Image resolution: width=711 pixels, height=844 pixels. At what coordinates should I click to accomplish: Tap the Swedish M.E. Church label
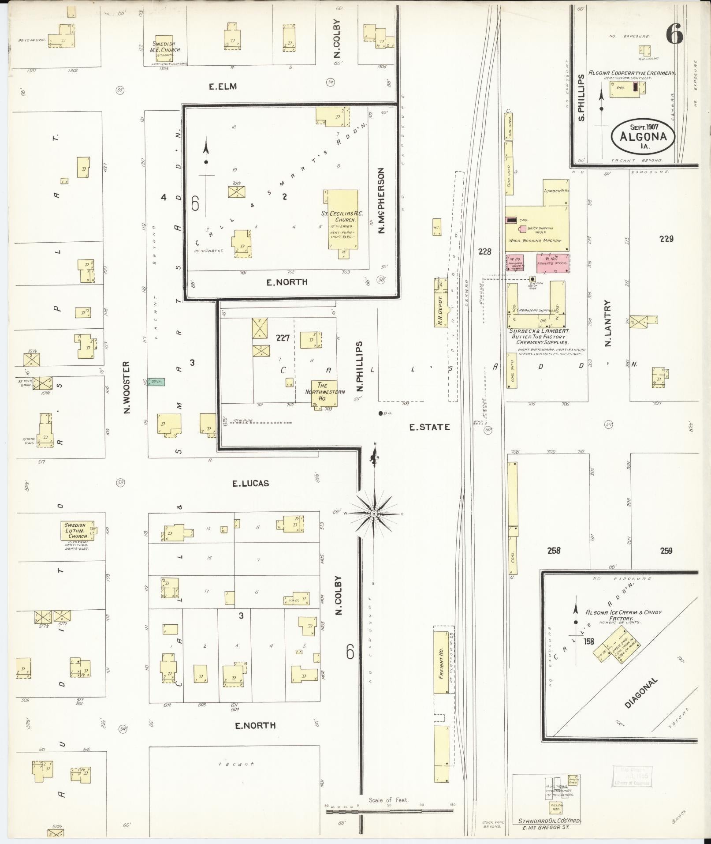(x=167, y=47)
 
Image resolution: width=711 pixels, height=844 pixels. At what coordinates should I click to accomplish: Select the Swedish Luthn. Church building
(x=78, y=531)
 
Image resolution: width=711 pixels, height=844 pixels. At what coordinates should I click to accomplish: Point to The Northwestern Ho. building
(x=324, y=393)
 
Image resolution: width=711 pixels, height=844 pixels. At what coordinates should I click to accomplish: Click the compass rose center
(x=374, y=514)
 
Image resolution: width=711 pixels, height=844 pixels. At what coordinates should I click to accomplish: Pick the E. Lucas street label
(x=250, y=484)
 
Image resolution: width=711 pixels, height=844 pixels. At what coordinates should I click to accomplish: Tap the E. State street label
(x=429, y=427)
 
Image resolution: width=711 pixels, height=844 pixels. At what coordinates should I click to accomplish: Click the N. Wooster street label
(x=127, y=387)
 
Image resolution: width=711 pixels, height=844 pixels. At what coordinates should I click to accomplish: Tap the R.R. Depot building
(x=439, y=303)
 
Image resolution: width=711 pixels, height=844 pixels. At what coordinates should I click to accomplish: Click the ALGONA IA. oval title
(x=643, y=136)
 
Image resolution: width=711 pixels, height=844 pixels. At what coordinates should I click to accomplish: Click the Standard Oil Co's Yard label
(x=549, y=821)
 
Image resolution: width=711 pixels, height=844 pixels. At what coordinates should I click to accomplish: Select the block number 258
(x=554, y=550)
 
